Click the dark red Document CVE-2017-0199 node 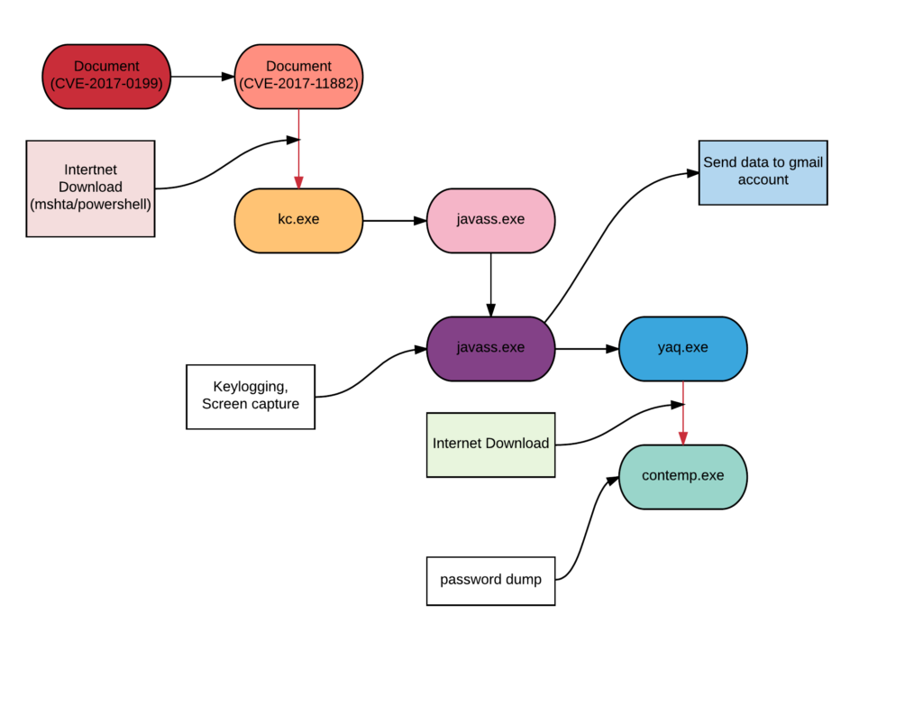tap(106, 77)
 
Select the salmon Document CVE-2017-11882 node tap(298, 77)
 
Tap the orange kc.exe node tap(298, 220)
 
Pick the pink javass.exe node tap(490, 220)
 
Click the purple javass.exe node tap(490, 348)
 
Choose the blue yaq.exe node tap(682, 348)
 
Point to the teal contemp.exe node tap(682, 476)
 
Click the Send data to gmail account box tap(763, 172)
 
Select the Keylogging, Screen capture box tap(251, 396)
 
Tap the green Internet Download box tap(490, 445)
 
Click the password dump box tap(490, 580)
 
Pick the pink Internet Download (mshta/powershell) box tap(90, 188)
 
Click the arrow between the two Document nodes tap(203, 77)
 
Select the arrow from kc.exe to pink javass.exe tap(395, 220)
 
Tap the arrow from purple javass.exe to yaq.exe tap(587, 348)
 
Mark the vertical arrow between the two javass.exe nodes tap(490, 284)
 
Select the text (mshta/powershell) tap(90, 205)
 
